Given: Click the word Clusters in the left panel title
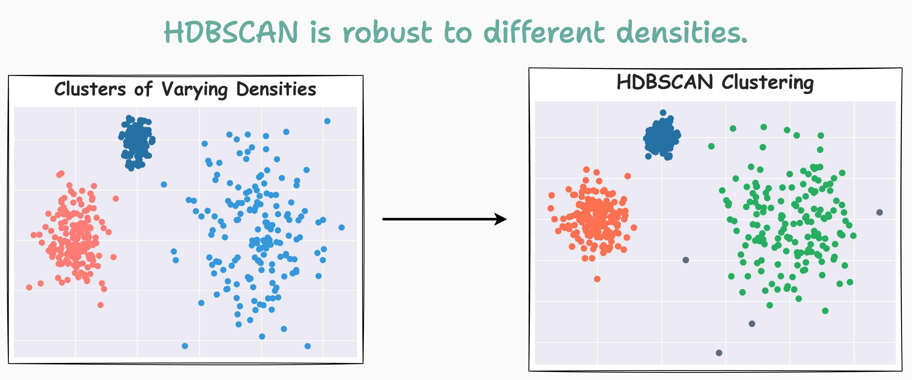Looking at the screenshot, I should (90, 89).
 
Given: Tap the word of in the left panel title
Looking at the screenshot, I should (143, 89).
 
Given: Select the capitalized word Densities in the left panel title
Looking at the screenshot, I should (276, 89).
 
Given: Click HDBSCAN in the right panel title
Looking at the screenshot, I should (665, 82).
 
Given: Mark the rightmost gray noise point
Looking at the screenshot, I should (879, 212).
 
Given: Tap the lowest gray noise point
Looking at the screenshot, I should (719, 353).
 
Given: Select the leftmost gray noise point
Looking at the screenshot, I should (685, 260).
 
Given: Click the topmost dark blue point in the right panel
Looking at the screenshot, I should (663, 112).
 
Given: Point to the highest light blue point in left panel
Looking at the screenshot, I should (327, 121).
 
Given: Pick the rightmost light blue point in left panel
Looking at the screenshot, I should (341, 227).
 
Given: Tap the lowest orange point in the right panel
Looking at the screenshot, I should (597, 279).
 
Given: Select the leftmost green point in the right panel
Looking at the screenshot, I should (711, 146).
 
